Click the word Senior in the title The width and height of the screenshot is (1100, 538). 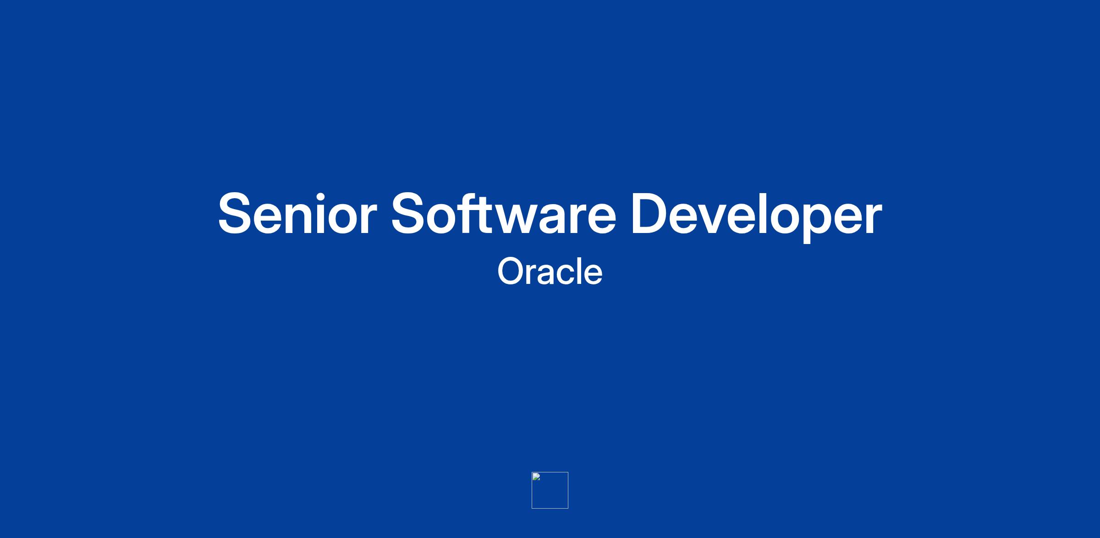(297, 214)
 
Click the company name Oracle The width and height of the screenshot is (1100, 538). (550, 271)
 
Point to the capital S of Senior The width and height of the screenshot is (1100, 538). (236, 214)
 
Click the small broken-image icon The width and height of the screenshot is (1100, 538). (536, 477)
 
